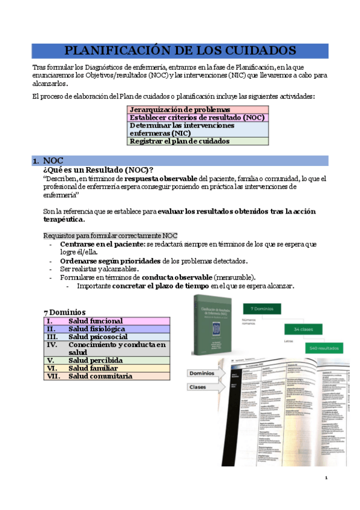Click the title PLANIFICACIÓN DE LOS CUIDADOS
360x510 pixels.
pyautogui.click(x=180, y=51)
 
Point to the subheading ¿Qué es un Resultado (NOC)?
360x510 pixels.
pyautogui.click(x=98, y=170)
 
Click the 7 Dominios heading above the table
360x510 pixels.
pyautogui.click(x=64, y=312)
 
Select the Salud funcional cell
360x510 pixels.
pyautogui.click(x=95, y=321)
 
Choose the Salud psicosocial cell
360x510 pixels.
pyautogui.click(x=97, y=337)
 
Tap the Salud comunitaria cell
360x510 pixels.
pyautogui.click(x=100, y=376)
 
